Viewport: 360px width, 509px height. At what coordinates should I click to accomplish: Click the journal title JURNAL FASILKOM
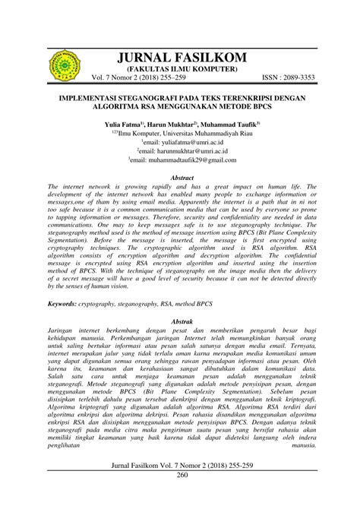180,58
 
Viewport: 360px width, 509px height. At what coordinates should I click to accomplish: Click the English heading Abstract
180,177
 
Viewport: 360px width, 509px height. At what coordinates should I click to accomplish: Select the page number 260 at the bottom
180,496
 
